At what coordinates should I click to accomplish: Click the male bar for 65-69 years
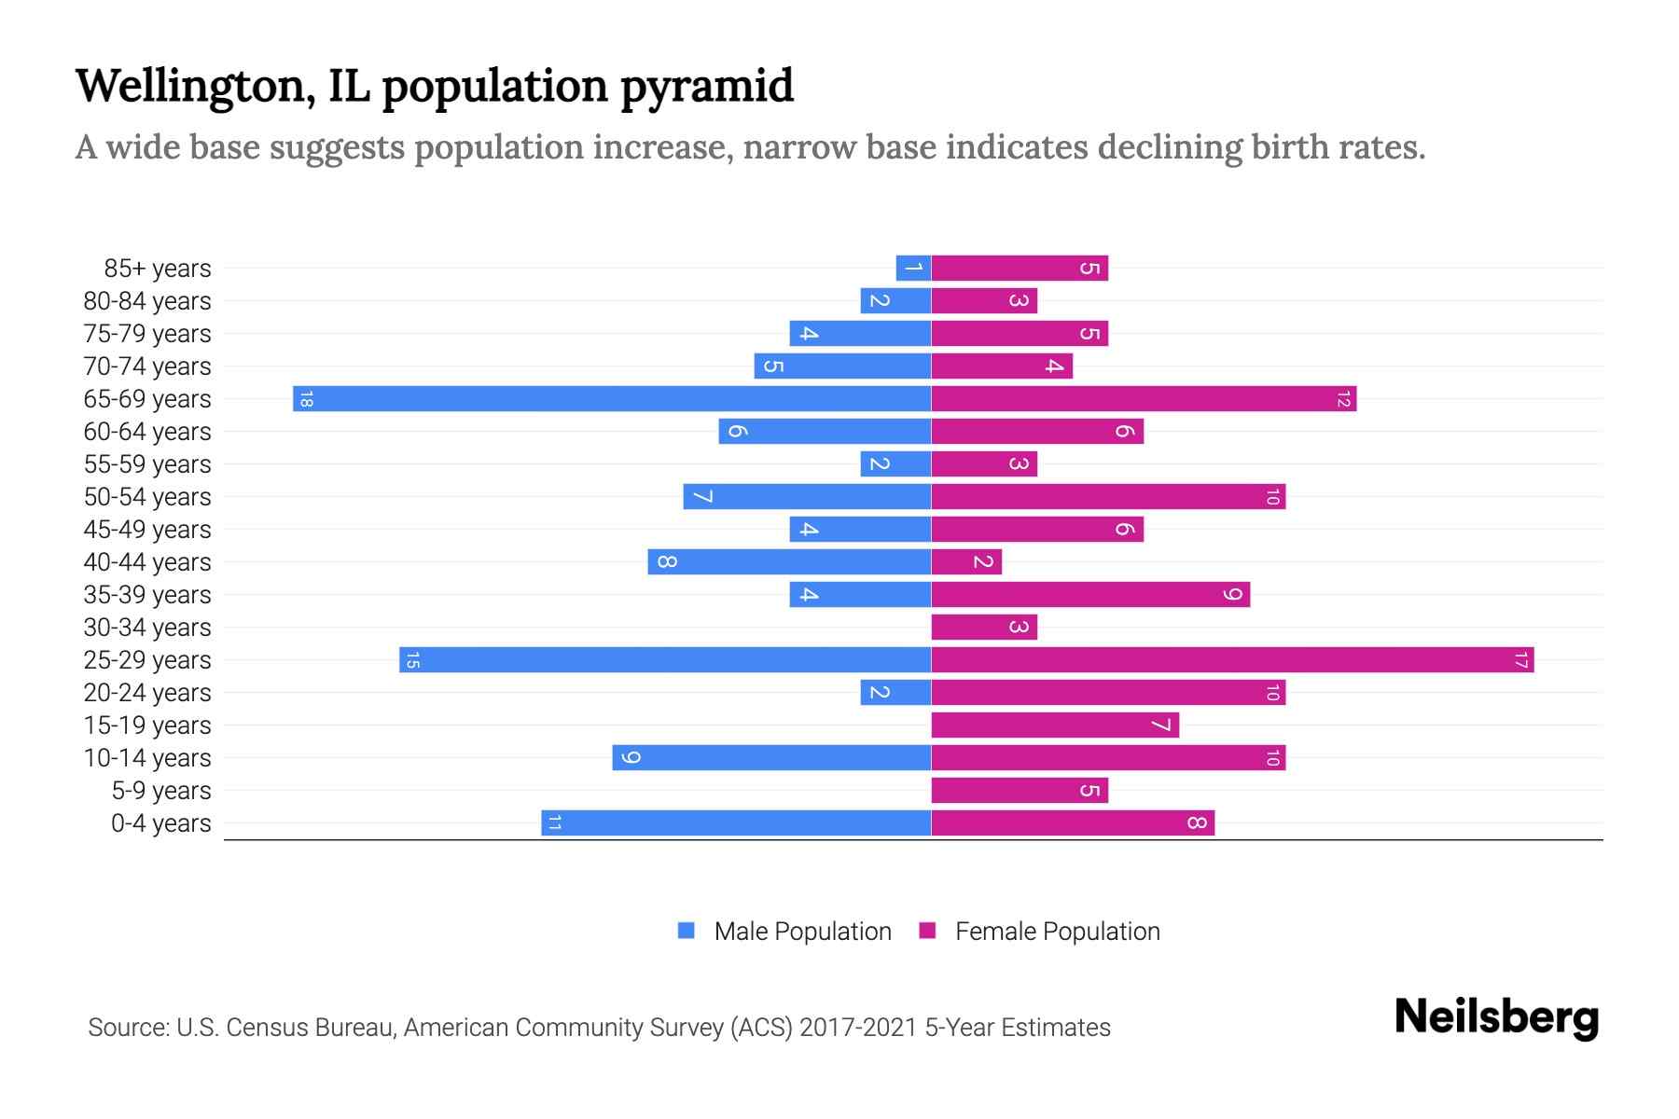pos(612,399)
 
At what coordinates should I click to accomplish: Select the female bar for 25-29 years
pos(1232,660)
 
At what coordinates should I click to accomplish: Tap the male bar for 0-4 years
pos(736,823)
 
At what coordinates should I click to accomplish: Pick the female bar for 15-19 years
pos(1055,725)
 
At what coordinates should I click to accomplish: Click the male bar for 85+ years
pos(913,269)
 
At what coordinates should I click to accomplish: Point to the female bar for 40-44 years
pos(966,562)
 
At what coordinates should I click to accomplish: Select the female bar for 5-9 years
pos(1020,791)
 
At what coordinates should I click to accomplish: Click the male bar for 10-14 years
pos(771,758)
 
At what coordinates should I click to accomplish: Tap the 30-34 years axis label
pos(147,628)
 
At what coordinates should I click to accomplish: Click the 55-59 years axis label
pos(147,464)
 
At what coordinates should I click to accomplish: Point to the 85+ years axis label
pos(158,269)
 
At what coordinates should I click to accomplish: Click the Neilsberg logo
pos(1496,1017)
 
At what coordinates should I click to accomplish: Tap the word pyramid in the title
pos(706,86)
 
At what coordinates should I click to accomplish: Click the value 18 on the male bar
pos(306,399)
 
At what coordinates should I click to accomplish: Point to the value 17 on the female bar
pos(1520,660)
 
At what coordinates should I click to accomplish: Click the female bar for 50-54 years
pos(1108,497)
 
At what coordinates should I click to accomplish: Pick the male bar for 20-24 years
pos(895,693)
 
